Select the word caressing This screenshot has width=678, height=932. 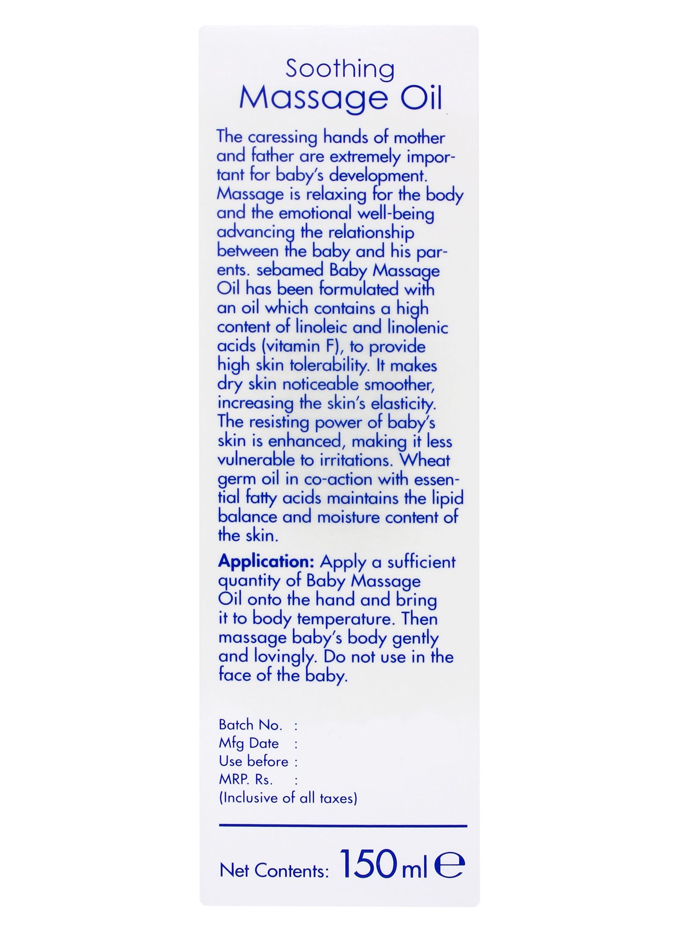(x=282, y=138)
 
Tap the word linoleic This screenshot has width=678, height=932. (x=324, y=327)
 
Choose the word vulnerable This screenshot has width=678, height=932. (x=250, y=460)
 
